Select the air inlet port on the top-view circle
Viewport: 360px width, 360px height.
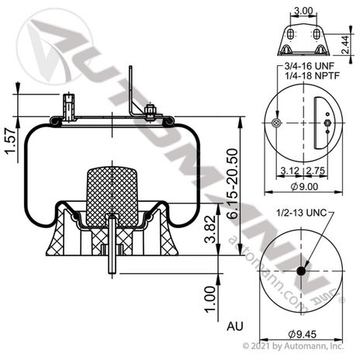point(277,125)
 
